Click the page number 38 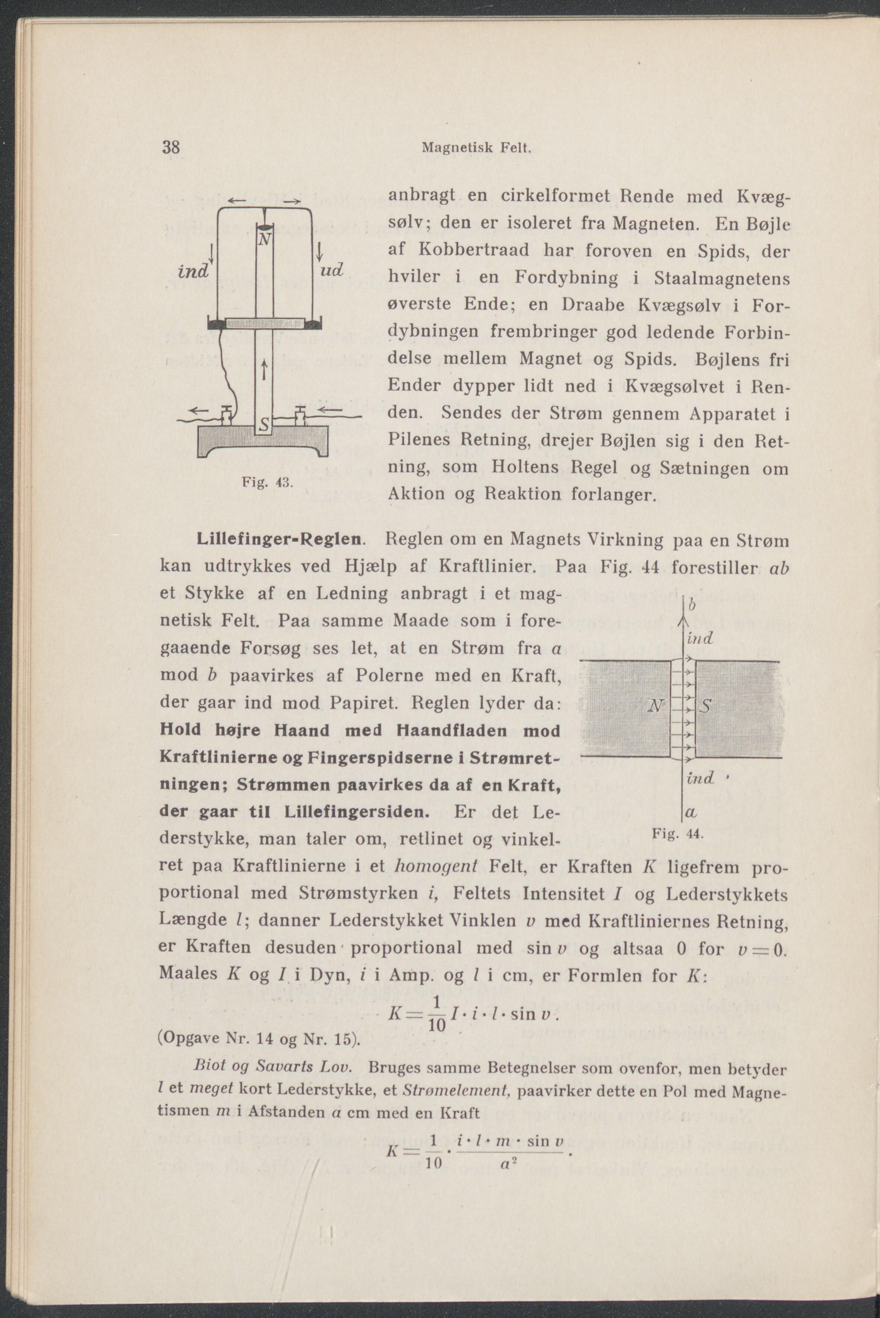click(x=171, y=148)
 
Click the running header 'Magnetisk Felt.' click(x=476, y=149)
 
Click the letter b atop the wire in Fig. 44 click(x=692, y=606)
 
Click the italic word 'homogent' click(x=435, y=866)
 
